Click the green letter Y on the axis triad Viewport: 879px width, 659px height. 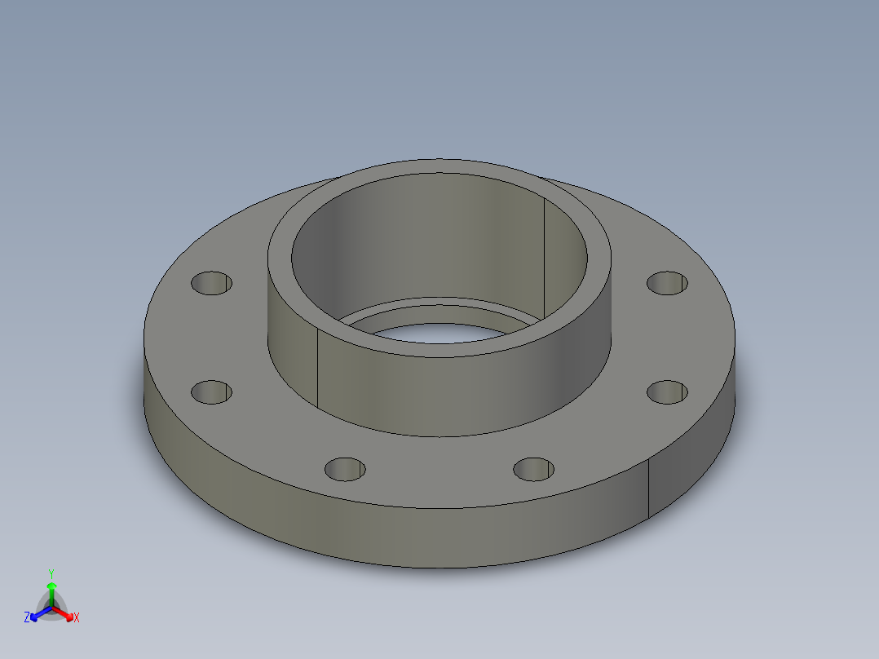coord(51,573)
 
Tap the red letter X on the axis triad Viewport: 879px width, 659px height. coord(76,618)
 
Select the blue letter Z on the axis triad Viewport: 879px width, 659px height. coord(27,617)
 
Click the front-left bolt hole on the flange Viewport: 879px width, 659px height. coord(345,469)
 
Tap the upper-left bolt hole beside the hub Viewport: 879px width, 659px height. coord(211,283)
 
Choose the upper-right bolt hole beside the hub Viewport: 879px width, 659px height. coord(667,282)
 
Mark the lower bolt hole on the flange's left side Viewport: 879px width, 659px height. coord(211,392)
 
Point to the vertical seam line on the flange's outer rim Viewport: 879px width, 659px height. coord(648,488)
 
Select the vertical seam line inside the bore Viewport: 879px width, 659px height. coord(544,253)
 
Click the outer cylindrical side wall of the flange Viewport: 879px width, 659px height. coord(367,530)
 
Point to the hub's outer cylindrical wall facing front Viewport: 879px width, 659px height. coord(440,391)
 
